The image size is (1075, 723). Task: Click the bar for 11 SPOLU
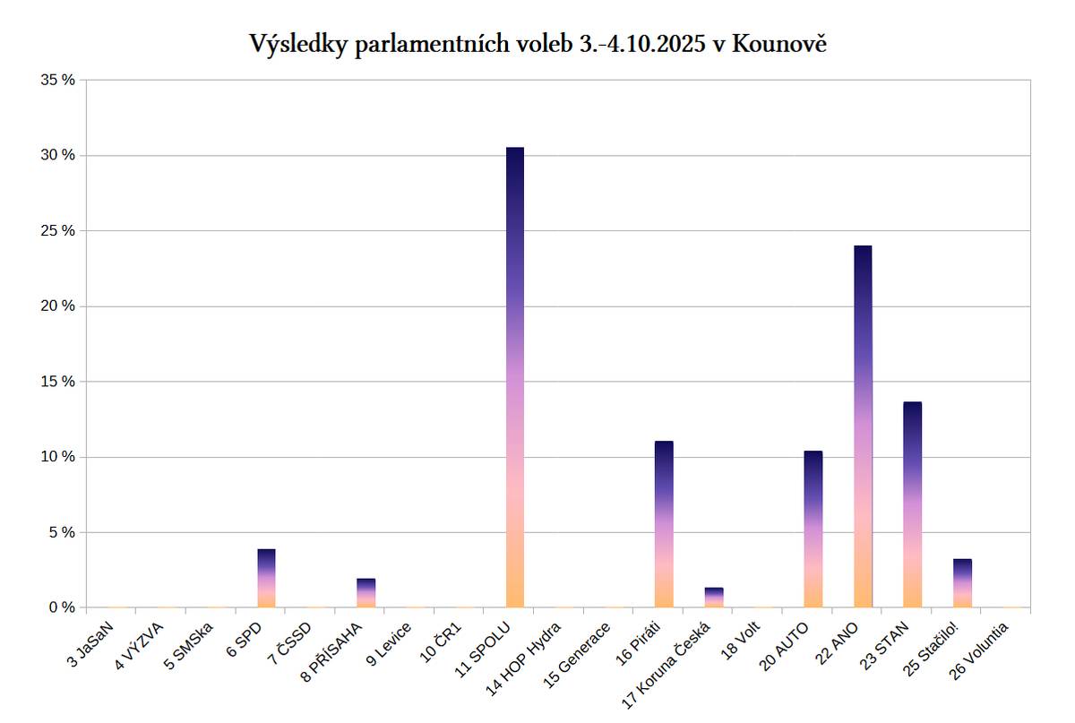point(515,377)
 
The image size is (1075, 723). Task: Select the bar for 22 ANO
point(863,426)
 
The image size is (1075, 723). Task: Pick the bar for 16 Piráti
point(664,524)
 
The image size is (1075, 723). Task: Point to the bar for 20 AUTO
point(813,529)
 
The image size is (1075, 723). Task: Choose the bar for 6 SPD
point(267,578)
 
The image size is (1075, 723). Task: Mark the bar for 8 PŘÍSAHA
point(366,592)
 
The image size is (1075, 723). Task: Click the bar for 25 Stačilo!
point(962,583)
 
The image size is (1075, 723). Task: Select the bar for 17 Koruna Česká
point(714,598)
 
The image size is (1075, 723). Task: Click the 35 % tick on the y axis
point(58,80)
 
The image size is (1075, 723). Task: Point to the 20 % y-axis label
point(58,306)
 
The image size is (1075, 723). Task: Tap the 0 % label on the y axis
point(62,607)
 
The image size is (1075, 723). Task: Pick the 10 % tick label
point(58,457)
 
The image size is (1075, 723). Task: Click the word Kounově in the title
point(778,44)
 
